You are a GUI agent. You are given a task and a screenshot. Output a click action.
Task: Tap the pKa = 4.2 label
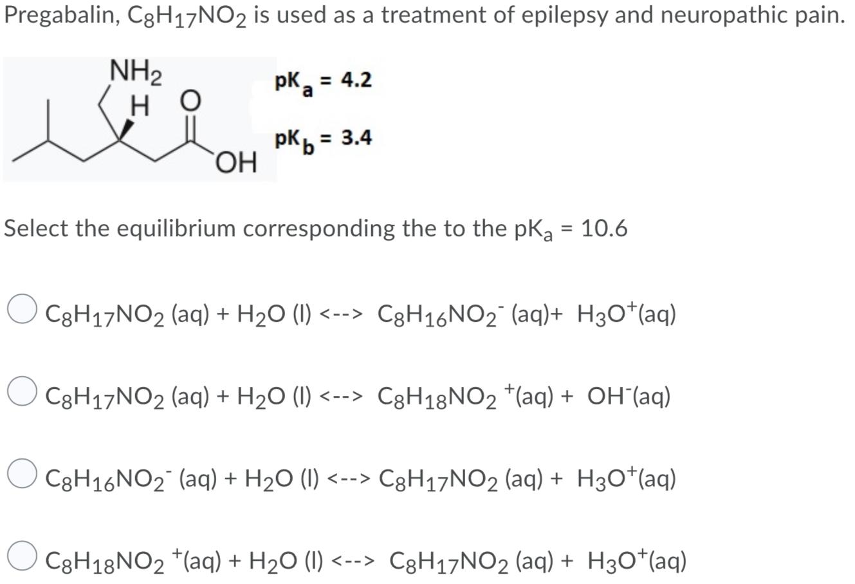(x=323, y=82)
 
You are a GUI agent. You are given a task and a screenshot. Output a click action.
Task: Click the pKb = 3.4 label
(x=323, y=140)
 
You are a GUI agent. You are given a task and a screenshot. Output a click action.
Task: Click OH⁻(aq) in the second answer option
(x=629, y=397)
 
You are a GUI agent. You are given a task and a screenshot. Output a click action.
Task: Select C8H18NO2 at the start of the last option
(x=109, y=561)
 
